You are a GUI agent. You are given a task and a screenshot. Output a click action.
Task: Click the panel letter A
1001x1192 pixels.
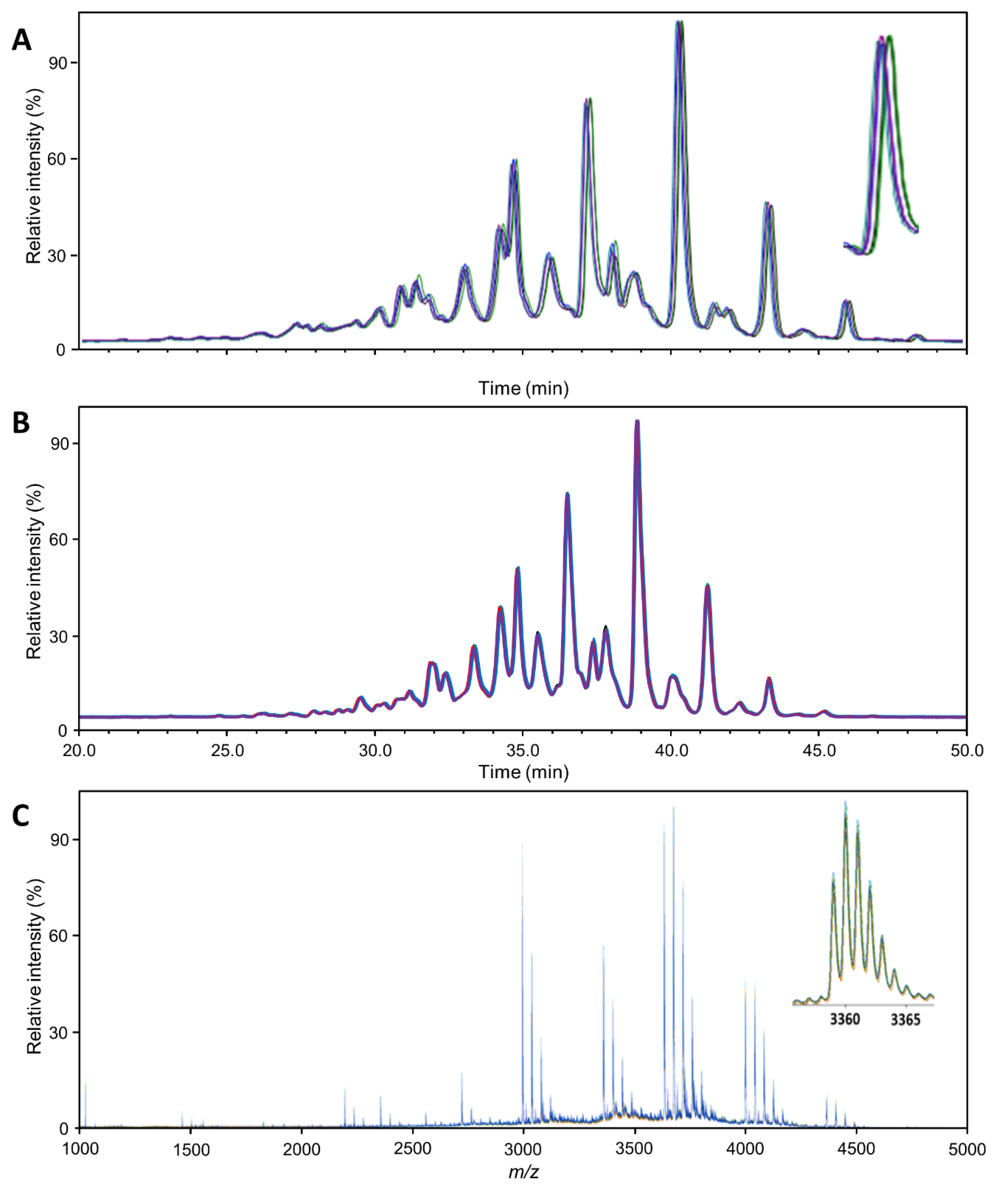point(22,41)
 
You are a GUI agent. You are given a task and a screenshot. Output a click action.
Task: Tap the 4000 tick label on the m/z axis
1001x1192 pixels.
point(745,1150)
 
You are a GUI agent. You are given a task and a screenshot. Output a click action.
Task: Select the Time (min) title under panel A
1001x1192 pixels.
point(523,388)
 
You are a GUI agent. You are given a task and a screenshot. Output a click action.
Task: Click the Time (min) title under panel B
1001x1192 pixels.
point(523,772)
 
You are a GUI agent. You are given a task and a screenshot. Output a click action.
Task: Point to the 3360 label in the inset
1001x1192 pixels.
point(845,1019)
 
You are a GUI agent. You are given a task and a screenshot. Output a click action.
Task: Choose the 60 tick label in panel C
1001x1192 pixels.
point(58,935)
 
